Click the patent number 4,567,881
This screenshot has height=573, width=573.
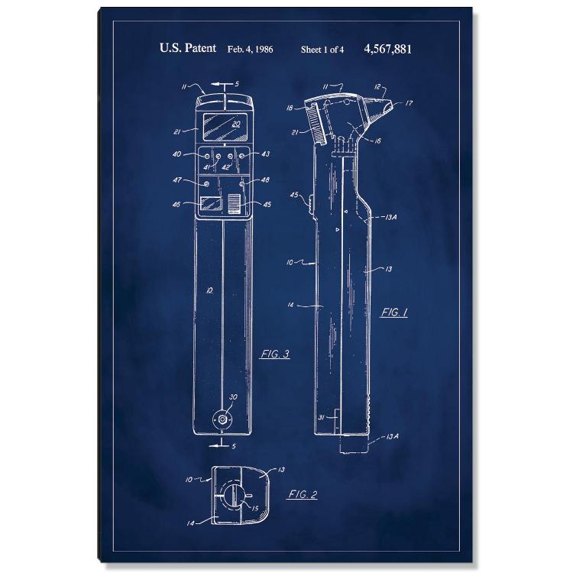[x=387, y=49]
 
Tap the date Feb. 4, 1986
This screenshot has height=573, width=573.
[x=250, y=50]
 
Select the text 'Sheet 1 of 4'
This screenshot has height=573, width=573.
[x=322, y=50]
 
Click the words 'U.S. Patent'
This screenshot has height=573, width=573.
[x=187, y=48]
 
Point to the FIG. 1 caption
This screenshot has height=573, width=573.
[x=394, y=312]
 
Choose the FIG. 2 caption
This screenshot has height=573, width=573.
[x=303, y=494]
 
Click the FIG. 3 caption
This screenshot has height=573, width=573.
[x=275, y=354]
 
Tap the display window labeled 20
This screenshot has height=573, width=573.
[x=225, y=126]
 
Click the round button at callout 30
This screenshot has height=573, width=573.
[x=222, y=419]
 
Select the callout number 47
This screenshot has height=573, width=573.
[x=177, y=180]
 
